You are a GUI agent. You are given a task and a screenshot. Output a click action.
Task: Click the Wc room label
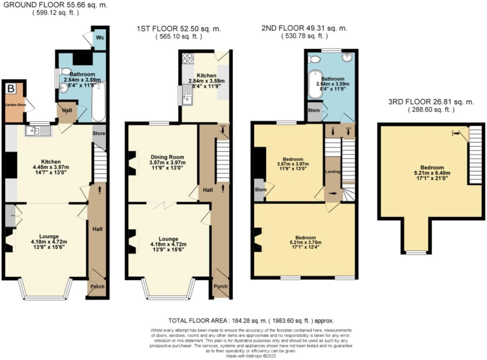coord(100,37)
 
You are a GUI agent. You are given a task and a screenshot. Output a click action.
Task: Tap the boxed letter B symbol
coord(11,89)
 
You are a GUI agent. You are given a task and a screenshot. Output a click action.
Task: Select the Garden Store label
coord(15,105)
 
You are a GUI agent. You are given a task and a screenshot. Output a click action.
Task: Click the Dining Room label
coord(167,157)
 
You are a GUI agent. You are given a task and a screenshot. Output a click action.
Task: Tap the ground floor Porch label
coord(97,286)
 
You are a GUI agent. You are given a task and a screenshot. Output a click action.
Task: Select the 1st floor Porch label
coord(221,286)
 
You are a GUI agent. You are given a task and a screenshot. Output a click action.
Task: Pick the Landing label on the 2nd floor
coord(333,172)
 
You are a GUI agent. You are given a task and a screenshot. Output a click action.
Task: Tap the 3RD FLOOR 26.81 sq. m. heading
coord(431,102)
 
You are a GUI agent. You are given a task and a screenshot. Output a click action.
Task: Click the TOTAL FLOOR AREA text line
coord(251,321)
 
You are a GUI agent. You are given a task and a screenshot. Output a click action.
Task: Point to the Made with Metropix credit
coord(251,356)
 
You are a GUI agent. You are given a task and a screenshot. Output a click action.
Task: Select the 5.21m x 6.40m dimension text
coord(432,173)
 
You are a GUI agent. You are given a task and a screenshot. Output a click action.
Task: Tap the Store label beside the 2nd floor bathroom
coord(313,110)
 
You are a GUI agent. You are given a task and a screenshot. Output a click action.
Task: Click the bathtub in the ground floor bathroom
coord(98,101)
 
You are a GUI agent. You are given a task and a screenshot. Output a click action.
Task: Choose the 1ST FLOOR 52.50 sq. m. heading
coord(179,29)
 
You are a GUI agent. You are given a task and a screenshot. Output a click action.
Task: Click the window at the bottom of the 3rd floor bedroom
coord(416,252)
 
